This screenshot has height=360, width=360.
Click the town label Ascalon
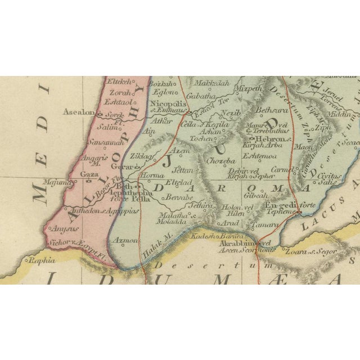(77, 112)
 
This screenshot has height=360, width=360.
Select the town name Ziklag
(140, 155)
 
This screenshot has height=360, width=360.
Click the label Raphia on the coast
(43, 260)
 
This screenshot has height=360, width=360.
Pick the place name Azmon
(125, 240)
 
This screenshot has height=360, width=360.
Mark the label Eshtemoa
(261, 157)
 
